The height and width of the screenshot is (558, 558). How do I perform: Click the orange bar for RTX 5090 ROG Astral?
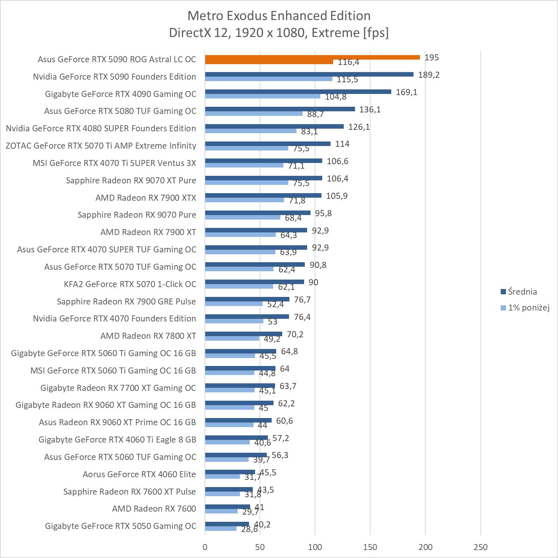(x=312, y=57)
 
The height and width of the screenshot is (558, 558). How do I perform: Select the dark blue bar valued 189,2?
(x=309, y=74)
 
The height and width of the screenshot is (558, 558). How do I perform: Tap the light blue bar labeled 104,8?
(x=263, y=96)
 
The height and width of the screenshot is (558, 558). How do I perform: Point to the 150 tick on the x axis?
(x=370, y=547)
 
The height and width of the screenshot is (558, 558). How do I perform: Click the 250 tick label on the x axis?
(x=480, y=547)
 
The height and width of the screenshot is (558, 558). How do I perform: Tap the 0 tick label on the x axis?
(x=205, y=547)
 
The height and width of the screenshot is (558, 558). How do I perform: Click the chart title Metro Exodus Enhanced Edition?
(x=279, y=15)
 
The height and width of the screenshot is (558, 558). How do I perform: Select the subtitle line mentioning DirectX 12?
(x=279, y=33)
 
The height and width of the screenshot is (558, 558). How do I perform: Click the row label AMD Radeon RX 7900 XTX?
(x=146, y=198)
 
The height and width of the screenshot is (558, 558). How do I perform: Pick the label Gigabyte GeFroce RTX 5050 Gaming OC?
(x=120, y=526)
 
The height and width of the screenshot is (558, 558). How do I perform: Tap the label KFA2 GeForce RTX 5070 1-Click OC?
(x=130, y=284)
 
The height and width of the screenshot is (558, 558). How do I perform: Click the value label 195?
(x=432, y=57)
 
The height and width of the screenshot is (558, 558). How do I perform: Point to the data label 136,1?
(x=370, y=109)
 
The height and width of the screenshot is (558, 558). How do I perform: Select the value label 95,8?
(x=323, y=213)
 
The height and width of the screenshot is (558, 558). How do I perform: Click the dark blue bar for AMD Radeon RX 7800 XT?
(x=243, y=334)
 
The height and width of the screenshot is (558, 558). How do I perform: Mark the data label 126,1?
(x=359, y=127)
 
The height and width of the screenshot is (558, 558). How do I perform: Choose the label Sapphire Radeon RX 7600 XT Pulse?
(x=129, y=492)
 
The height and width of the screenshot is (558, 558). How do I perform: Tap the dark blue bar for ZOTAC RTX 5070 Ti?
(x=267, y=144)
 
